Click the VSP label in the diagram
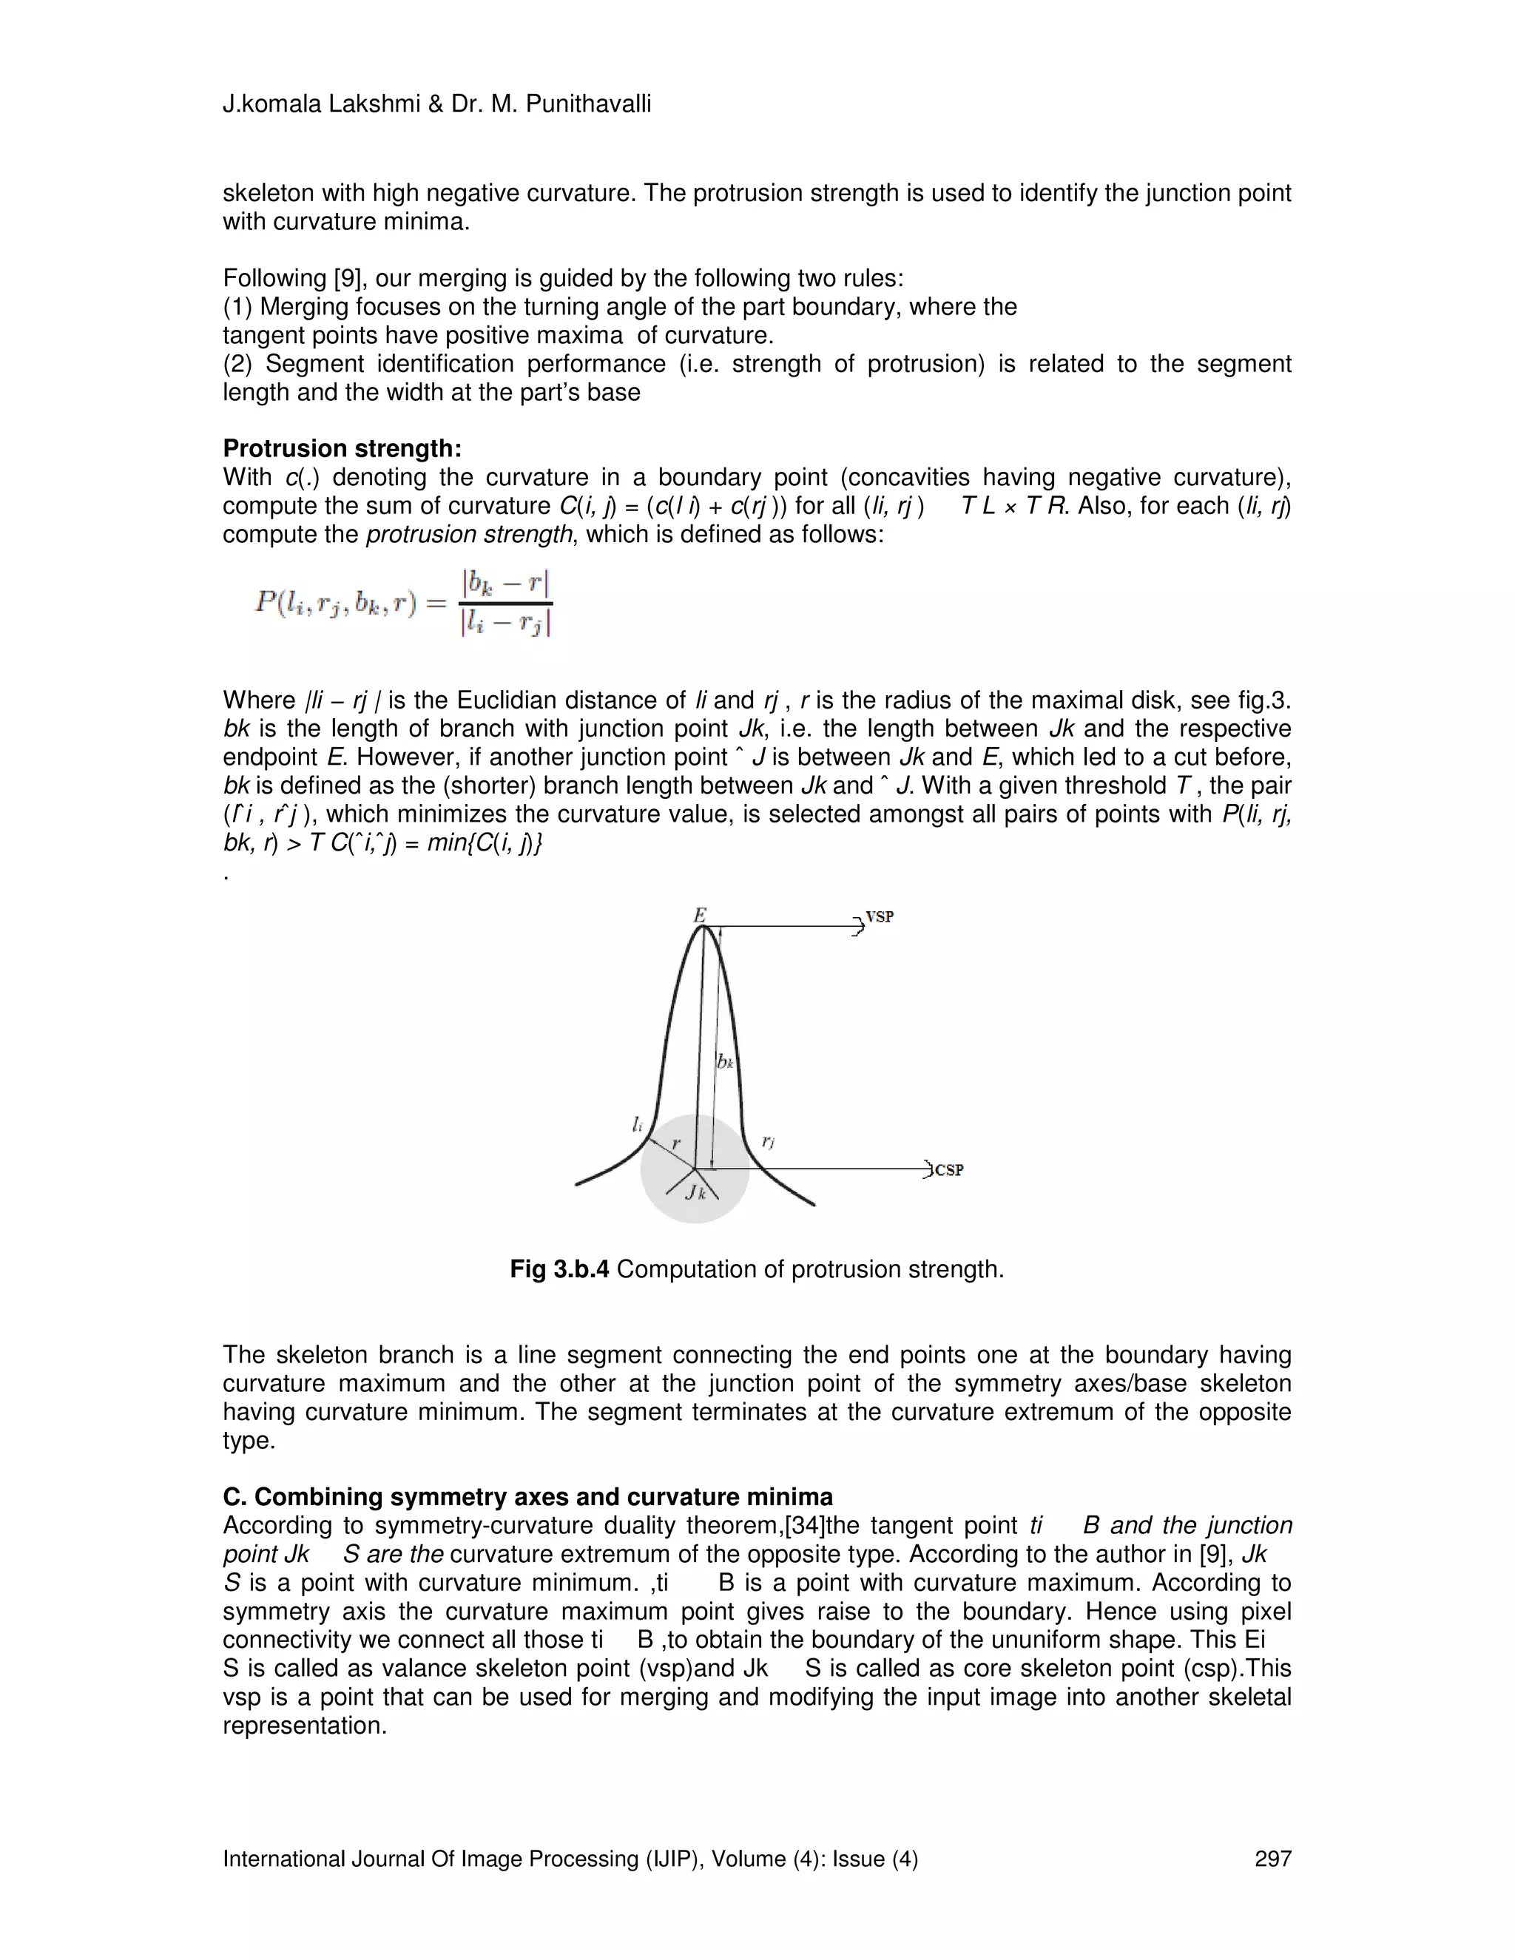(x=879, y=917)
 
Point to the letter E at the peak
(x=699, y=914)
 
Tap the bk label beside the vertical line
(x=725, y=1061)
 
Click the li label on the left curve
(x=636, y=1123)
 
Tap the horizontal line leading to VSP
(x=781, y=927)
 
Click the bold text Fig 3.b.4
(x=559, y=1269)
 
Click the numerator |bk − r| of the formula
(x=505, y=584)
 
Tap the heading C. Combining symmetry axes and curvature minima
(x=527, y=1497)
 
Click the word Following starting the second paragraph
(x=274, y=278)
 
